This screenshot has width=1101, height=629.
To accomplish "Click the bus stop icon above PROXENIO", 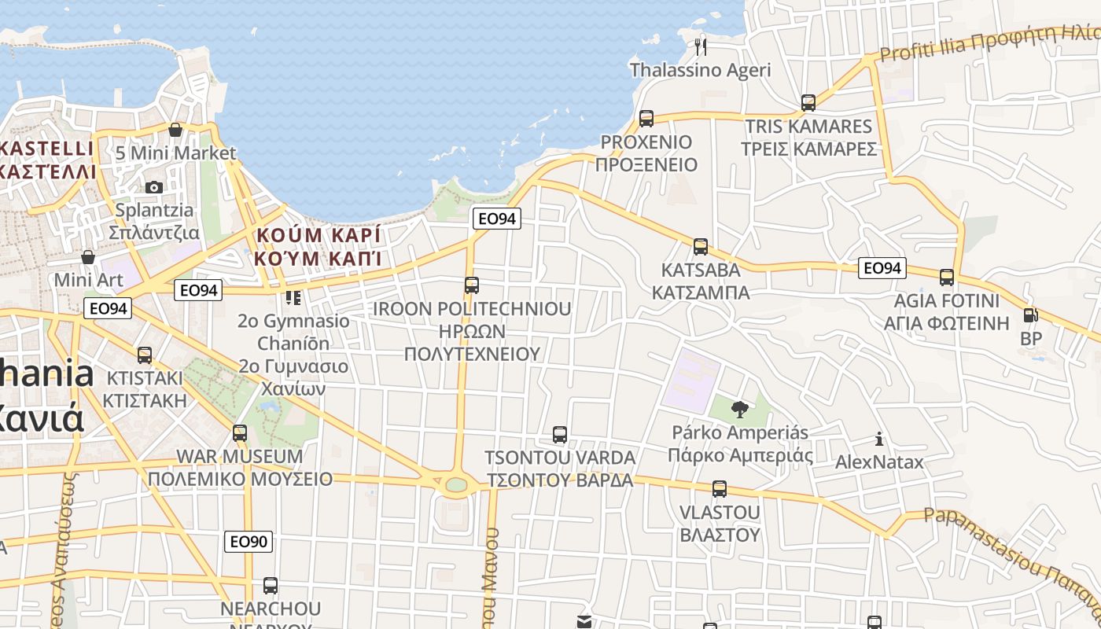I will tap(646, 119).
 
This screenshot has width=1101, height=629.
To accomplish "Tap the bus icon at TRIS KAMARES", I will tap(808, 103).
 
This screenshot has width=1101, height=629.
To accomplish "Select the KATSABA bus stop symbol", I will tap(700, 247).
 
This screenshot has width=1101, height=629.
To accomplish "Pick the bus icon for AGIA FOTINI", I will tap(947, 278).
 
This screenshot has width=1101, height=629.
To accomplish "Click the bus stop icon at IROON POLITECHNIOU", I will tap(472, 285).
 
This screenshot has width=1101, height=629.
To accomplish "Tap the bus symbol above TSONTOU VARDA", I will tap(560, 434).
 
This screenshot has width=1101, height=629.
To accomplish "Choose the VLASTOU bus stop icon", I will tap(719, 489).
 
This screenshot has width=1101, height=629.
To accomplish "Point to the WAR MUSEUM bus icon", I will tap(240, 433).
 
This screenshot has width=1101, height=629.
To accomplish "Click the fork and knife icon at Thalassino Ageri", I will tap(701, 47).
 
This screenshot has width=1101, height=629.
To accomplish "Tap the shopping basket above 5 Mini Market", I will tap(175, 130).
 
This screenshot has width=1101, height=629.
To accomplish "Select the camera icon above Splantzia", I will tap(154, 187).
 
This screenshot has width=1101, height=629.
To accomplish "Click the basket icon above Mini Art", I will tap(87, 257).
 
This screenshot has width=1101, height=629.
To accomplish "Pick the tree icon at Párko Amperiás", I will tap(739, 409).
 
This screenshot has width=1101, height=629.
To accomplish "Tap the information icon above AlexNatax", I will tap(879, 439).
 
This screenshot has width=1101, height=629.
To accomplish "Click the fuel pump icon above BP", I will tap(1030, 315).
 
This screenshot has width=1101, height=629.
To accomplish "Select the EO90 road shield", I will tap(249, 541).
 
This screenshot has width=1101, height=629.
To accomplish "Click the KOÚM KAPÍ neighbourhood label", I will tap(318, 246).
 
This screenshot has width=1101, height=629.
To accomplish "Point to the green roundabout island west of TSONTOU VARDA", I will tap(456, 484).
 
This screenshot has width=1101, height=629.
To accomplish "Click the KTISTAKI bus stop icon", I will tap(145, 355).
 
